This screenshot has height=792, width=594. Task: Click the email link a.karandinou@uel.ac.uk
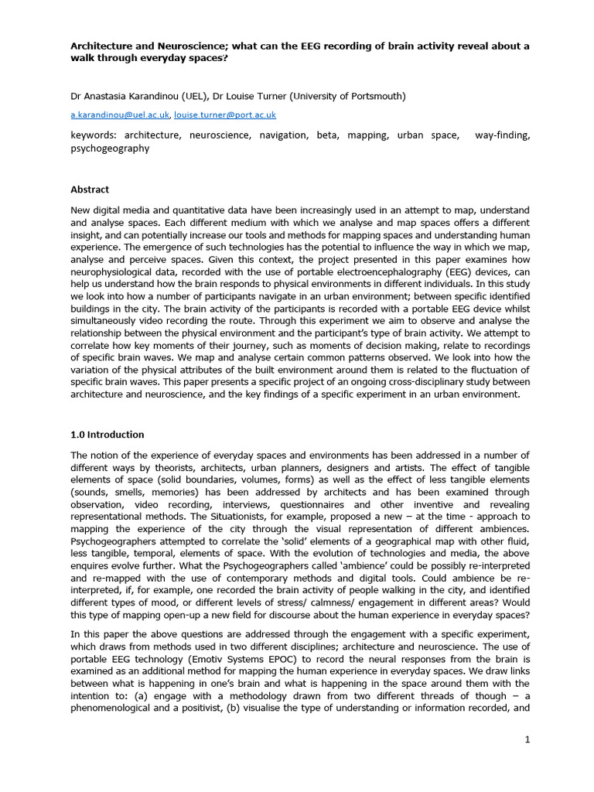coord(120,114)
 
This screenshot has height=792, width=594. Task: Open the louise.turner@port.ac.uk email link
coord(225,114)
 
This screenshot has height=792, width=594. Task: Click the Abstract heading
coord(90,189)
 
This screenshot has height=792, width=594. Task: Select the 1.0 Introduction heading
coord(107,435)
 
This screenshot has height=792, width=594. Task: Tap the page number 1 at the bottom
coord(527,739)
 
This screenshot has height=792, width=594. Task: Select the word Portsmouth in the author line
coord(376,96)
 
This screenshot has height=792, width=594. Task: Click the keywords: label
coord(94,135)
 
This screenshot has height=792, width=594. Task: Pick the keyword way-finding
coord(503,135)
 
